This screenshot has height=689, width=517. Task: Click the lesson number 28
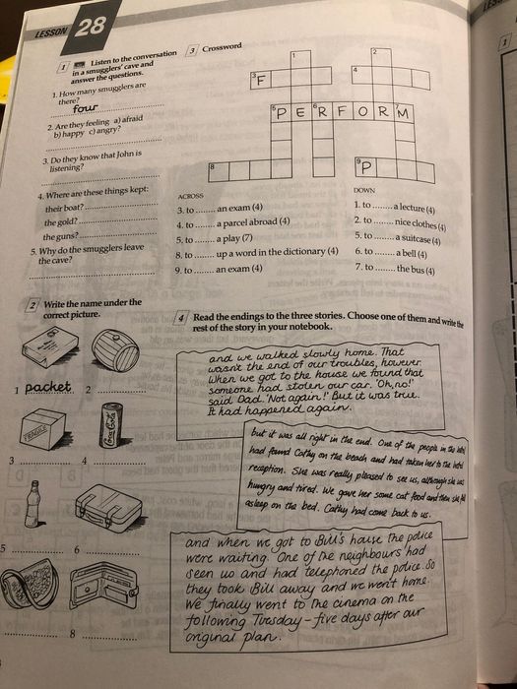coord(89,28)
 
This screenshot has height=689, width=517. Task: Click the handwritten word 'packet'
coord(48,387)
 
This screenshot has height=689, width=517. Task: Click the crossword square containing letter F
coord(261,82)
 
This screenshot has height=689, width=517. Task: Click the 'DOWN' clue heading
coord(363,190)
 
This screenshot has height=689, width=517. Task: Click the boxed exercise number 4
coord(182,319)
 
